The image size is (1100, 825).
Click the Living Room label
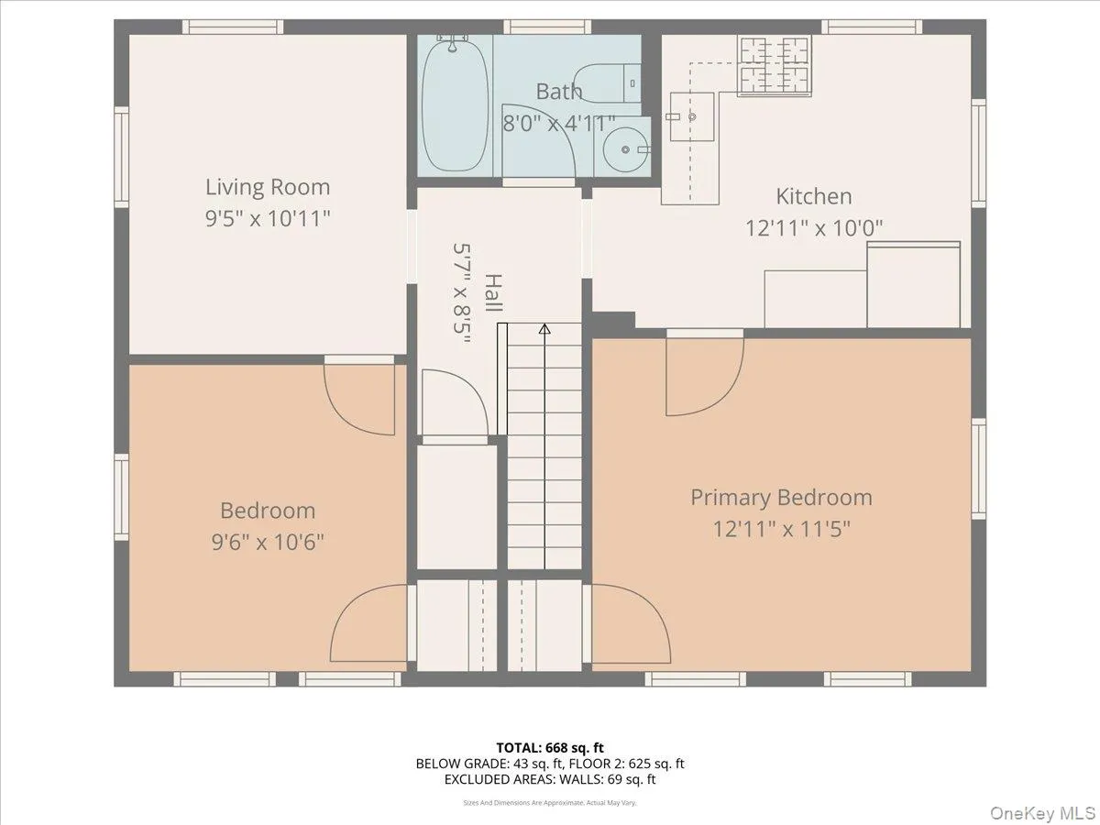coord(267,188)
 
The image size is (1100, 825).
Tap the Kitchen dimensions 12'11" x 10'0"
coord(813,227)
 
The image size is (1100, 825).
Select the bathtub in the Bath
coord(456,104)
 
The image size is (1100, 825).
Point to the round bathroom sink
coord(626,148)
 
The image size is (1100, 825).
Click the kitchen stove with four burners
coord(775,65)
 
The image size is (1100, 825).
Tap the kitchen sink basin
coord(692,116)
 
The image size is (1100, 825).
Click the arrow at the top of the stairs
coord(544,329)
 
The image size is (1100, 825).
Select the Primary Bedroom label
coord(781,498)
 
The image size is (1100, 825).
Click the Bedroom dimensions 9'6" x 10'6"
coord(267,542)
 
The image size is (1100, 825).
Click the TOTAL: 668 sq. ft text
coord(549,748)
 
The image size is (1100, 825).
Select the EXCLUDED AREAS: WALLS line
coord(549,780)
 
